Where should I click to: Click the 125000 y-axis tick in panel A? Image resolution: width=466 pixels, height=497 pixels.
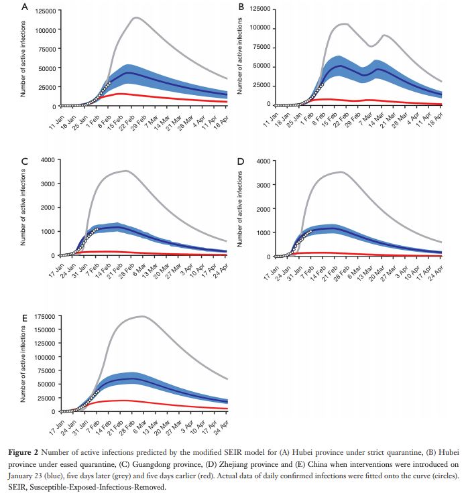(x=43, y=11)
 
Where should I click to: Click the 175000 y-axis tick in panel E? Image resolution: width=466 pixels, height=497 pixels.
(x=44, y=315)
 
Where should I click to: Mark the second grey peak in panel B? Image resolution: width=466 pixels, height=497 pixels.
(x=384, y=35)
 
